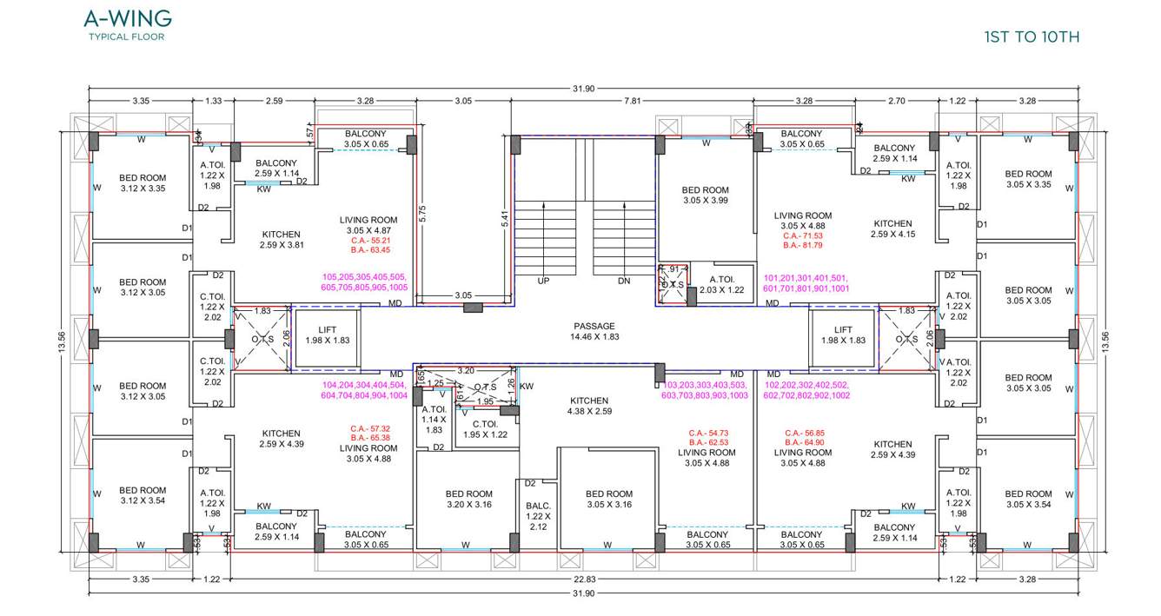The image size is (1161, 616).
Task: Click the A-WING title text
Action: click(127, 18)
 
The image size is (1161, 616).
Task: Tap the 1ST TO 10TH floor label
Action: click(1032, 36)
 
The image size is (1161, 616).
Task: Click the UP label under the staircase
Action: click(543, 281)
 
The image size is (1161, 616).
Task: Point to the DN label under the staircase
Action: click(623, 281)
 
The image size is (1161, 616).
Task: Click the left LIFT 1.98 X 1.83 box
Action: click(327, 334)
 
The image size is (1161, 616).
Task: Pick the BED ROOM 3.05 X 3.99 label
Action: click(705, 195)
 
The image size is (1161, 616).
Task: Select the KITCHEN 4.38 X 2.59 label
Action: click(588, 406)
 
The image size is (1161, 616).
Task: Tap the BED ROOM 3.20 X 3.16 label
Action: click(468, 499)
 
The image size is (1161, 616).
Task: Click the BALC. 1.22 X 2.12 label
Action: click(538, 515)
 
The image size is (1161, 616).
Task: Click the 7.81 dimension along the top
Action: click(632, 101)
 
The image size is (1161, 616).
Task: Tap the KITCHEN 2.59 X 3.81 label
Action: click(281, 240)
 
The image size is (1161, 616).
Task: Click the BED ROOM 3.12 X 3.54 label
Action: click(142, 496)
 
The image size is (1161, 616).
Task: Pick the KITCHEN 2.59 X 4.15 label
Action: click(892, 229)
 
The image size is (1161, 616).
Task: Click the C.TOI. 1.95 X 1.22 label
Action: click(484, 429)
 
